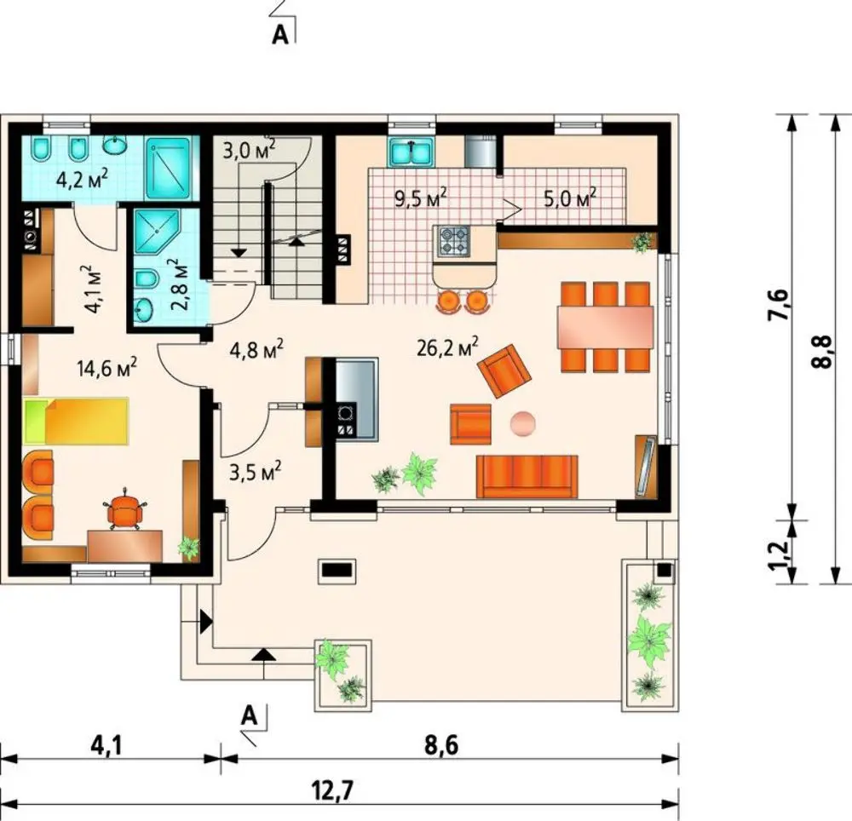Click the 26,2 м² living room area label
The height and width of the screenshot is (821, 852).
point(447,347)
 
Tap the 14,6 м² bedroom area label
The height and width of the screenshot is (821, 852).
point(106,368)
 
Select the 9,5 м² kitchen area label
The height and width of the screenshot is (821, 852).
point(421,198)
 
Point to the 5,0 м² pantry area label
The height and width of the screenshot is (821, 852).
point(570,198)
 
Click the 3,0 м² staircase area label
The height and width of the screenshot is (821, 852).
point(249,149)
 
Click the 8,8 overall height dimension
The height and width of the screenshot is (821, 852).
point(821,352)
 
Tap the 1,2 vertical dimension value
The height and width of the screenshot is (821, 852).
point(778,554)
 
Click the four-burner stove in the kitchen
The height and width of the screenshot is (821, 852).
point(453,242)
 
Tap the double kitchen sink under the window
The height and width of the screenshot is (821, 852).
point(412,152)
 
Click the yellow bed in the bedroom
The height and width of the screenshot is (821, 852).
point(76,422)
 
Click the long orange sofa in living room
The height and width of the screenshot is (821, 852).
point(527,477)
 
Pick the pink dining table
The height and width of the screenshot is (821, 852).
point(605,327)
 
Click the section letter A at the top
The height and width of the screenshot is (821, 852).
point(279,35)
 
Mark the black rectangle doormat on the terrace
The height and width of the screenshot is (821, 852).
point(337,570)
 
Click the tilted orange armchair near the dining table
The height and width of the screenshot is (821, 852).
point(504,370)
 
